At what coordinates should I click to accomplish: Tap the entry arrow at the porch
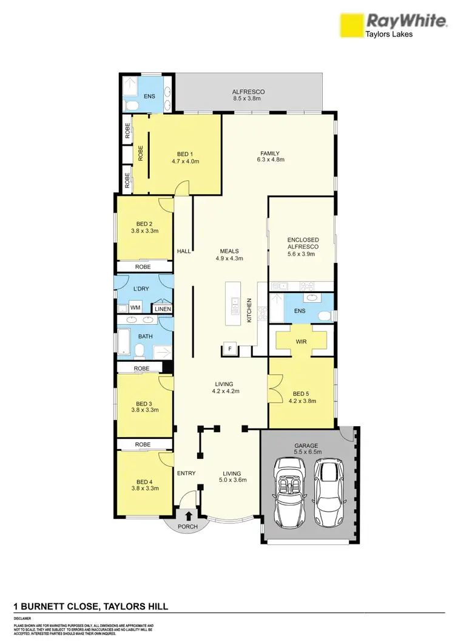click(x=189, y=516)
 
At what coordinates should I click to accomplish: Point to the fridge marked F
click(x=230, y=348)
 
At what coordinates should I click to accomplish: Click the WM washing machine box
click(x=135, y=308)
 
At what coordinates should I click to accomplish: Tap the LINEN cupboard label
click(x=163, y=309)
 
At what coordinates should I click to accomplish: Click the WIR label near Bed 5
click(x=302, y=342)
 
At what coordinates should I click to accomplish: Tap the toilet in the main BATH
click(x=139, y=351)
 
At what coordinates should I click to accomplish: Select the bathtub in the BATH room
click(x=123, y=343)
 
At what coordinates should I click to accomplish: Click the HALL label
click(x=183, y=251)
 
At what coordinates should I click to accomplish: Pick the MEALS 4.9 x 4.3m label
click(x=229, y=255)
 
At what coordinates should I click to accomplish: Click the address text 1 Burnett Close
click(x=91, y=606)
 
